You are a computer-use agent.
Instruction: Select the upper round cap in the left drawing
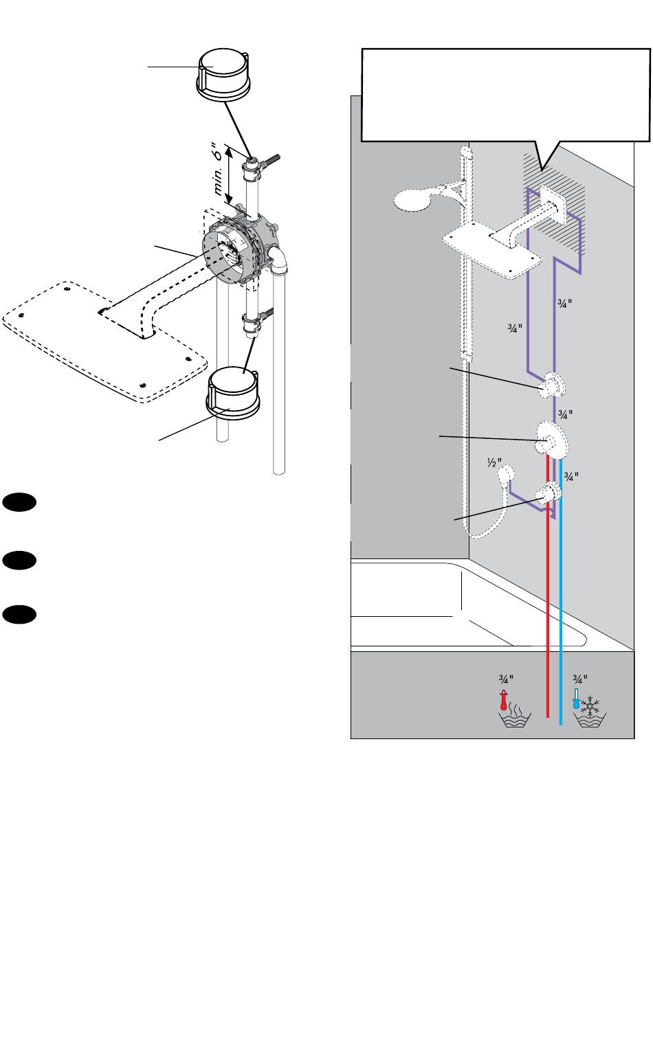pos(224,76)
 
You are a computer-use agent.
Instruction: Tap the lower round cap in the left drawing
pos(232,393)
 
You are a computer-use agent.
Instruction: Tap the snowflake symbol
pos(590,705)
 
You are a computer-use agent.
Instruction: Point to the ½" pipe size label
pos(494,462)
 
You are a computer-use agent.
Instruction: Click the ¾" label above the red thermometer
pos(506,679)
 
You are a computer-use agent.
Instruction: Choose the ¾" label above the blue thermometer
pos(580,679)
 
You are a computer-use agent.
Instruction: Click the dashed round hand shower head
pos(413,200)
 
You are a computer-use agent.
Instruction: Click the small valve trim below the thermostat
pos(549,492)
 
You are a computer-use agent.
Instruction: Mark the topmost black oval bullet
pos(19,503)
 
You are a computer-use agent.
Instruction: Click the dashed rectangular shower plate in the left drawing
pos(104,341)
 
